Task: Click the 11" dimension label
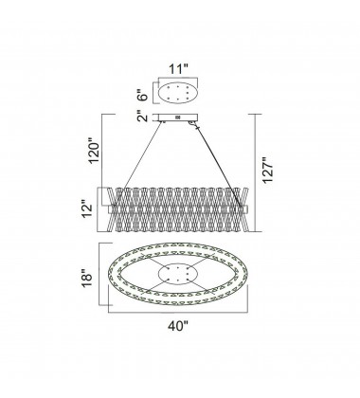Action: pyautogui.click(x=178, y=68)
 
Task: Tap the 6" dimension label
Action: pyautogui.click(x=143, y=93)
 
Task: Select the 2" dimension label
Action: pyautogui.click(x=143, y=118)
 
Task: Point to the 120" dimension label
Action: pyautogui.click(x=95, y=151)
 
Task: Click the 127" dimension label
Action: pyautogui.click(x=268, y=170)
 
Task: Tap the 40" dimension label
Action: pyautogui.click(x=178, y=326)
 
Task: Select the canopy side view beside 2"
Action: pyautogui.click(x=179, y=118)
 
